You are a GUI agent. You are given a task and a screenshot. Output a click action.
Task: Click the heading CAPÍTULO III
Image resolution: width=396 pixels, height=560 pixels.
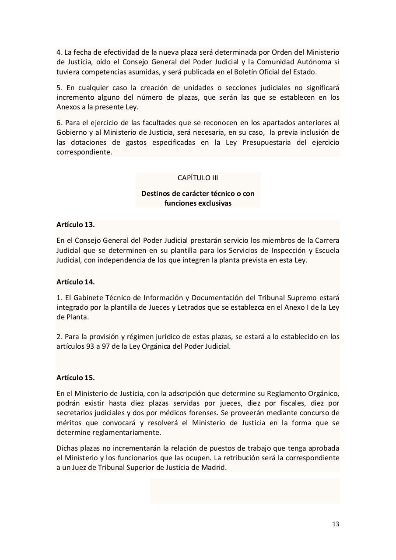pyautogui.click(x=198, y=178)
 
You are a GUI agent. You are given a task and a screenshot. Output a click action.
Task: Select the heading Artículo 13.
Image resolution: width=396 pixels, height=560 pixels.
pyautogui.click(x=75, y=224)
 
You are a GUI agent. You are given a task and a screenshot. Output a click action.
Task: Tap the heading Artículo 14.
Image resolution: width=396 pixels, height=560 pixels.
pyautogui.click(x=75, y=282)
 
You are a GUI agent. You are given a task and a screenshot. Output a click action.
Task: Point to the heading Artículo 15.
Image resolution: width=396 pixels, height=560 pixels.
pyautogui.click(x=75, y=378)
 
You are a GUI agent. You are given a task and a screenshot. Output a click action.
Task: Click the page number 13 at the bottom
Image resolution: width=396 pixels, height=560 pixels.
pyautogui.click(x=336, y=524)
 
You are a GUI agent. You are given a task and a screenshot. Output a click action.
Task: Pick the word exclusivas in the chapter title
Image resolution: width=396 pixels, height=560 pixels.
pyautogui.click(x=214, y=203)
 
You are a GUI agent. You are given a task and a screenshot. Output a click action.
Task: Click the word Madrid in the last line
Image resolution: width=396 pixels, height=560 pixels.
pyautogui.click(x=215, y=467)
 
